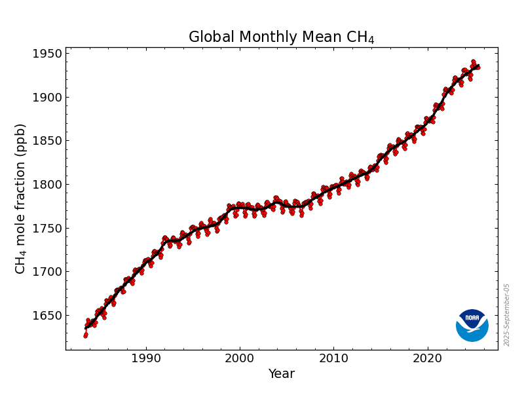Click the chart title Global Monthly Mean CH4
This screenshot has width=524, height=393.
(281, 37)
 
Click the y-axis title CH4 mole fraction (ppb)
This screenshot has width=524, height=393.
(20, 198)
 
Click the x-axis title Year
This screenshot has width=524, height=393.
(281, 374)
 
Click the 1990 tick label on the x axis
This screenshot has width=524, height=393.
(145, 358)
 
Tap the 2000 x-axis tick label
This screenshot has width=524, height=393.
(240, 358)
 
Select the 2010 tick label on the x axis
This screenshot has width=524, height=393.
(333, 358)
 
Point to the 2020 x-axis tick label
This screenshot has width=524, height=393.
(428, 358)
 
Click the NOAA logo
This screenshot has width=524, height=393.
(472, 325)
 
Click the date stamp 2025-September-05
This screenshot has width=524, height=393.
(507, 315)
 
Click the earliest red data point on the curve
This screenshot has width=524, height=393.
(85, 335)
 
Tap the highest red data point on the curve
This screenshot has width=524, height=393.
(473, 62)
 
